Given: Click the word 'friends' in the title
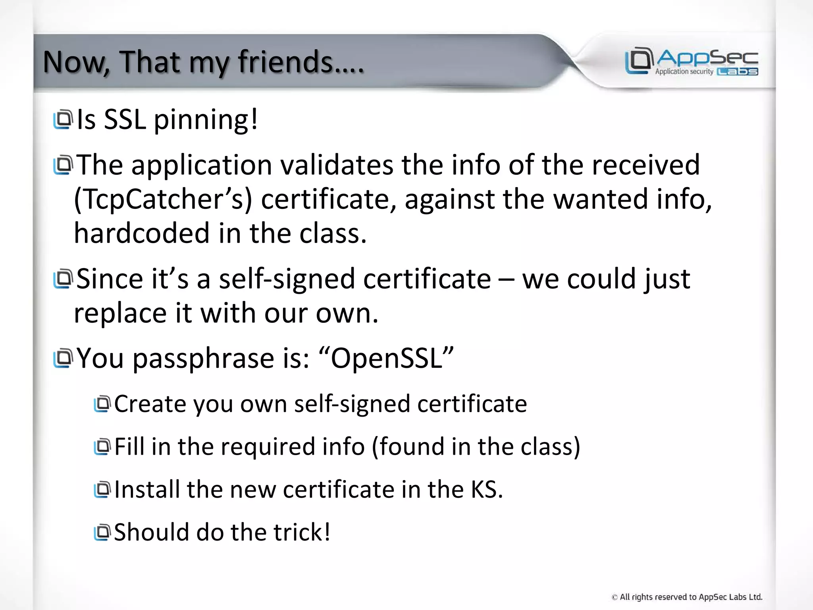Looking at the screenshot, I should pyautogui.click(x=285, y=62).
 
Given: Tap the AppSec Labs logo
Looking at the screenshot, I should pyautogui.click(x=692, y=61).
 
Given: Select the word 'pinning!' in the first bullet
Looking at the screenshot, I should pyautogui.click(x=206, y=120).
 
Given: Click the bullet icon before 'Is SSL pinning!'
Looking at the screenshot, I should pyautogui.click(x=63, y=119).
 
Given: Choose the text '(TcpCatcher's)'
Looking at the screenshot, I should pyautogui.click(x=163, y=199).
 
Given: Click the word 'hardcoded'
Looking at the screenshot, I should pyautogui.click(x=141, y=233).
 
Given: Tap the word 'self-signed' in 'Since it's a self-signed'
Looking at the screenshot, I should pyautogui.click(x=287, y=279).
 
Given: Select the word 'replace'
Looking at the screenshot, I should pyautogui.click(x=121, y=313).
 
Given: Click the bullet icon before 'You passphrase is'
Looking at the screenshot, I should pyautogui.click(x=63, y=358).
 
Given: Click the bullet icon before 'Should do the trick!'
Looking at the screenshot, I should pyautogui.click(x=102, y=532).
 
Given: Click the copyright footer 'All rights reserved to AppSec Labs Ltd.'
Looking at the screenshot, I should pyautogui.click(x=687, y=597).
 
